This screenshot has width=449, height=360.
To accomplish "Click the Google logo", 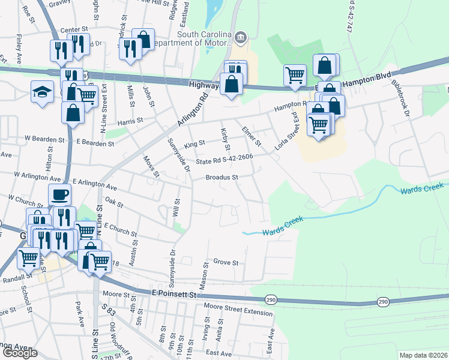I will pyautogui.click(x=20, y=353).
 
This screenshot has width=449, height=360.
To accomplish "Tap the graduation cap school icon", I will pyautogui.click(x=41, y=92).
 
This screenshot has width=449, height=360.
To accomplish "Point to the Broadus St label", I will pyautogui.click(x=222, y=178).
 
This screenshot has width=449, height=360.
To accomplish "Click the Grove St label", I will pyautogui.click(x=226, y=263).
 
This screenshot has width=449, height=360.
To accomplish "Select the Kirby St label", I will pyautogui.click(x=226, y=140).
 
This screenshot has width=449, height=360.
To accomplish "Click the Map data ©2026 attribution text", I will pyautogui.click(x=423, y=355).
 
